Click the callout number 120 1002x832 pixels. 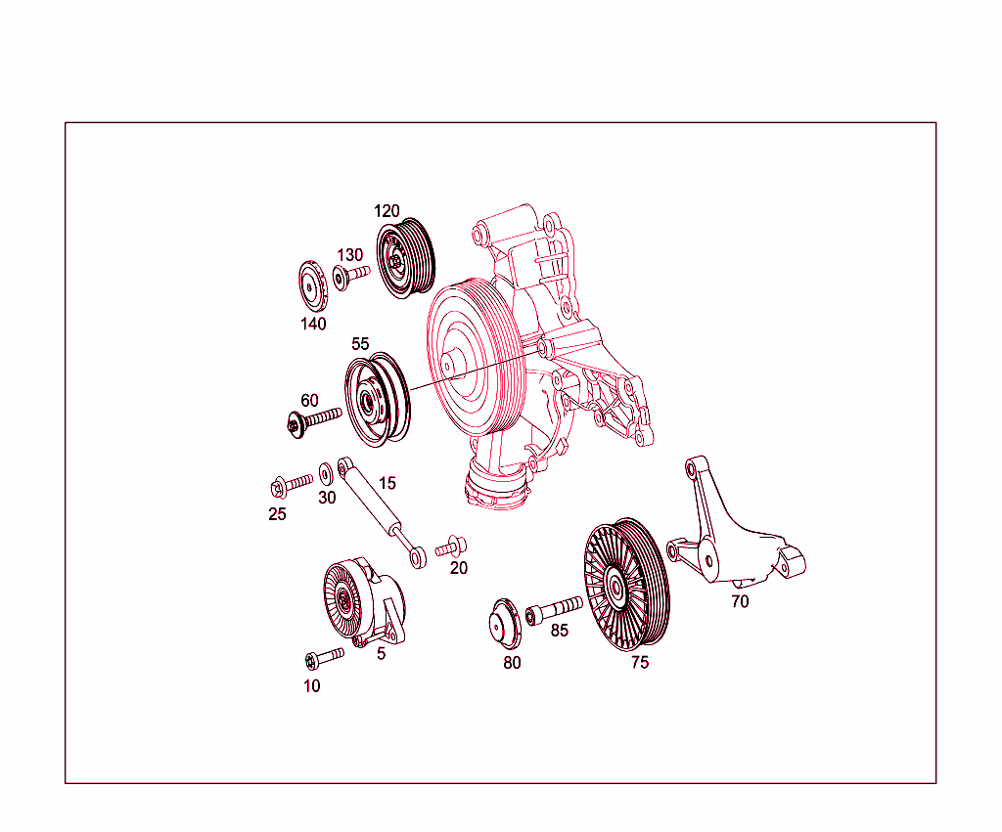pos(387,211)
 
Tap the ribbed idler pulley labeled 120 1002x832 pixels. pos(406,257)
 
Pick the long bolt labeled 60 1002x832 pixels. pos(313,420)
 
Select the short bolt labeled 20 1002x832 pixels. pos(453,546)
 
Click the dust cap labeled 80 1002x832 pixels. pos(507,625)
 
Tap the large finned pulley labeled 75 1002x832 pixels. pos(626,584)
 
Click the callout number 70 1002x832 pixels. pos(740,602)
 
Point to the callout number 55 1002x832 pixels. pos(360,344)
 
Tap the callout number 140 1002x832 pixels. pos(313,325)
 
